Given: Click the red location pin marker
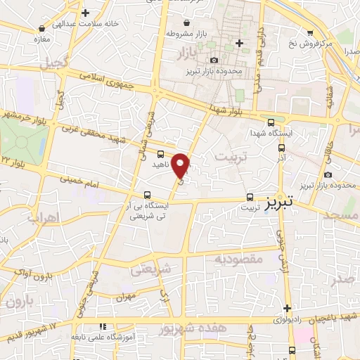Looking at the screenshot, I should [x=181, y=167].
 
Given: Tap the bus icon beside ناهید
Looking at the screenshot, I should [x=161, y=154].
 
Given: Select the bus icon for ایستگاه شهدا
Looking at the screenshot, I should [x=281, y=148].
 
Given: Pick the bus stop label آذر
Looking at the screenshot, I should [x=281, y=160].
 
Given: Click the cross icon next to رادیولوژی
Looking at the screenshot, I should [x=288, y=308].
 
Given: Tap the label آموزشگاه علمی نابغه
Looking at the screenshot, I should [x=103, y=337].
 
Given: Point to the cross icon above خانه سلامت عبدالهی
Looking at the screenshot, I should [x=85, y=13].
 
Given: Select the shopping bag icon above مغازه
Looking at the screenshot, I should [x=44, y=28].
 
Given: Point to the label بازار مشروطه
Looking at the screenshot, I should [x=184, y=33].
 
